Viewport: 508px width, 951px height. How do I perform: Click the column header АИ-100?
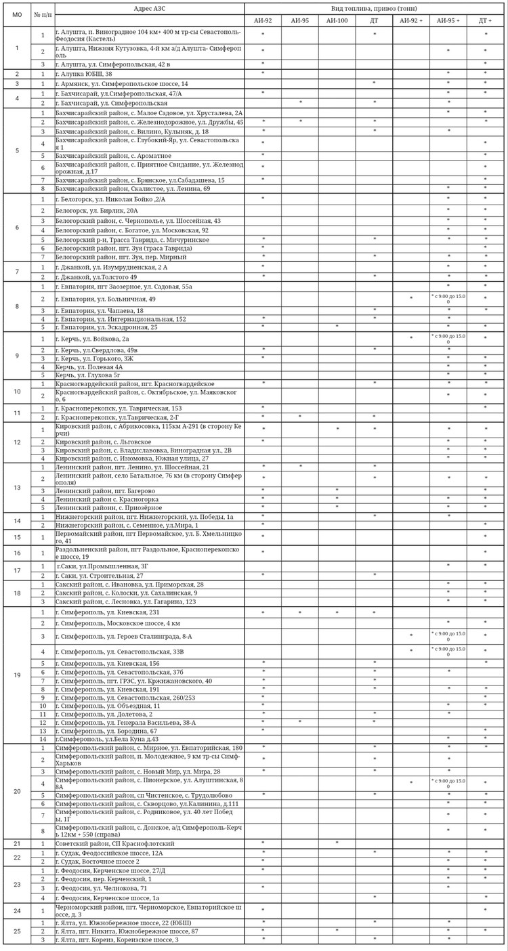pyautogui.click(x=337, y=21)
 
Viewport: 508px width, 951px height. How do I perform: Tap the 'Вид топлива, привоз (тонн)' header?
pyautogui.click(x=374, y=8)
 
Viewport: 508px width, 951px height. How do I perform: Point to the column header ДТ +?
pyautogui.click(x=485, y=21)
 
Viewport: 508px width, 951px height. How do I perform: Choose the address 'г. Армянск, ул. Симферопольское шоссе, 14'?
pyautogui.click(x=122, y=83)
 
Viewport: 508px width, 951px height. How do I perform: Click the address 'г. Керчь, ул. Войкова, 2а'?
pyautogui.click(x=92, y=339)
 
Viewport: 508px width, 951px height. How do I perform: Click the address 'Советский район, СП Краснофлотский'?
pyautogui.click(x=115, y=843)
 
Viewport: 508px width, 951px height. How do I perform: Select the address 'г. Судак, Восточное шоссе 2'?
pyautogui.click(x=98, y=862)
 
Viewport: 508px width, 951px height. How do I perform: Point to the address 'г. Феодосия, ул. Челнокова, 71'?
pyautogui.click(x=102, y=887)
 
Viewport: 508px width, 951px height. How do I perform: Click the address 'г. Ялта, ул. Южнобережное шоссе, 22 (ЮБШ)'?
pyautogui.click(x=123, y=923)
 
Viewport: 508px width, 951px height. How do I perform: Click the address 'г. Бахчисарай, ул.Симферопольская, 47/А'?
pyautogui.click(x=119, y=93)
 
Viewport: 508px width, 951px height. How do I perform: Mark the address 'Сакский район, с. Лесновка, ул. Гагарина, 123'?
pyautogui.click(x=126, y=601)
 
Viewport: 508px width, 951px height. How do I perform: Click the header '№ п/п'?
pyautogui.click(x=43, y=15)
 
